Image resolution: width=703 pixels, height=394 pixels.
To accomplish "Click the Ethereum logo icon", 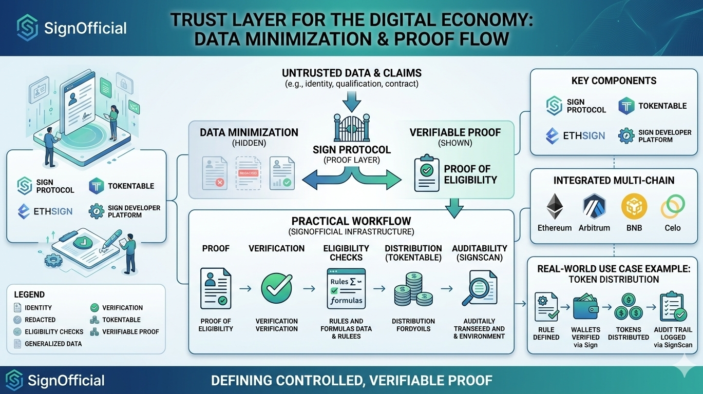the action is tap(554, 206).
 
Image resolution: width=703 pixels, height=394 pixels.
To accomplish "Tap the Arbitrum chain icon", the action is tap(594, 206).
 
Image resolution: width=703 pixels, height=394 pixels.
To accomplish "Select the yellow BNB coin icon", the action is tap(634, 206).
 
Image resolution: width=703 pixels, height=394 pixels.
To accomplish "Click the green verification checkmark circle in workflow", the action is tap(276, 288).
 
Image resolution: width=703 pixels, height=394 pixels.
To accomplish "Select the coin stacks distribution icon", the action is tap(413, 290).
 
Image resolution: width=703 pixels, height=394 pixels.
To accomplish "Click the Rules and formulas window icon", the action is tap(346, 288).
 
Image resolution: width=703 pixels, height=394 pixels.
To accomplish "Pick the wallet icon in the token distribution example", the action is tap(585, 306).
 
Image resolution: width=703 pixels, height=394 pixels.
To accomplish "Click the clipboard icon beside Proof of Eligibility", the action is tap(427, 174).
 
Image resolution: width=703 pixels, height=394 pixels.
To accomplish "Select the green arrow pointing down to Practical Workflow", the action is tap(454, 208).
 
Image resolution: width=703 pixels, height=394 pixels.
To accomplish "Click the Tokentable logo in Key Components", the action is tap(626, 106).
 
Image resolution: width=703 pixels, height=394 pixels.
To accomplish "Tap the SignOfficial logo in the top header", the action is tap(27, 27).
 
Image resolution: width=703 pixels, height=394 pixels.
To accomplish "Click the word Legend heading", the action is tap(29, 294).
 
